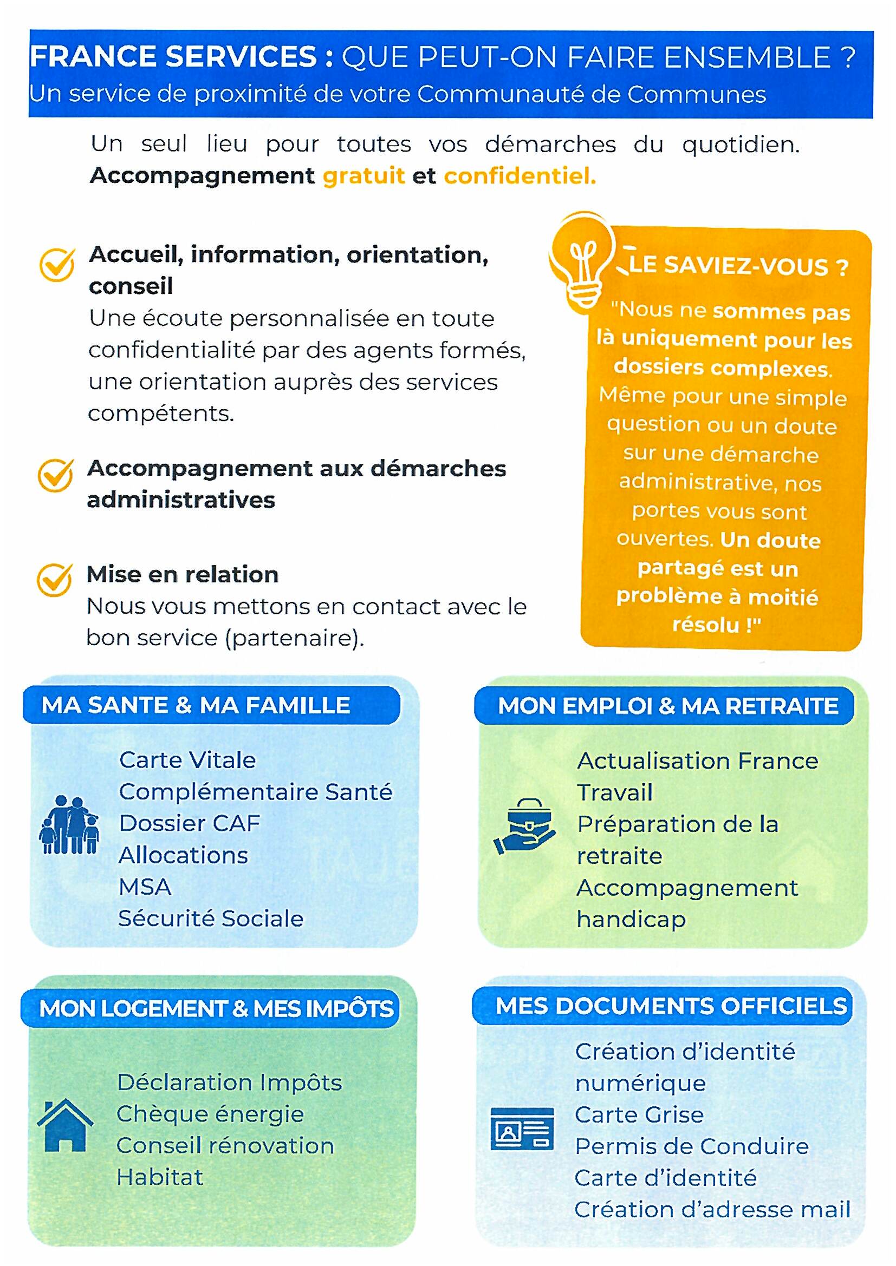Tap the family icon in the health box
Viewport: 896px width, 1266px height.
click(69, 825)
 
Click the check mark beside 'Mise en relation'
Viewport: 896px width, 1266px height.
click(55, 580)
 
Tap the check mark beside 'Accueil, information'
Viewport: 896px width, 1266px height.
click(57, 264)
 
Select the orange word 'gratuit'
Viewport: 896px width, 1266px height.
click(363, 176)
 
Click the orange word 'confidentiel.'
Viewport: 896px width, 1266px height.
click(520, 176)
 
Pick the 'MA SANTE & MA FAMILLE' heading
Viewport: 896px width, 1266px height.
click(196, 705)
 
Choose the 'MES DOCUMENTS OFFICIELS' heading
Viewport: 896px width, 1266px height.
click(671, 1006)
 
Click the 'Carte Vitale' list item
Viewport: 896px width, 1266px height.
click(187, 760)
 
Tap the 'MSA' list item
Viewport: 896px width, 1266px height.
click(145, 887)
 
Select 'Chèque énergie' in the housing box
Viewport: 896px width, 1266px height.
click(210, 1114)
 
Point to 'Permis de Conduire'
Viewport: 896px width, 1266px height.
click(692, 1146)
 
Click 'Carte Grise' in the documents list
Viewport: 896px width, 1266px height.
click(639, 1114)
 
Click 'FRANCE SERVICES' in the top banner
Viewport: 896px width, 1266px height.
click(174, 57)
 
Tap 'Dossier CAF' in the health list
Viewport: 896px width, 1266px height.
click(189, 823)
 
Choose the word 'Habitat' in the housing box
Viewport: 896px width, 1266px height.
click(160, 1177)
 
